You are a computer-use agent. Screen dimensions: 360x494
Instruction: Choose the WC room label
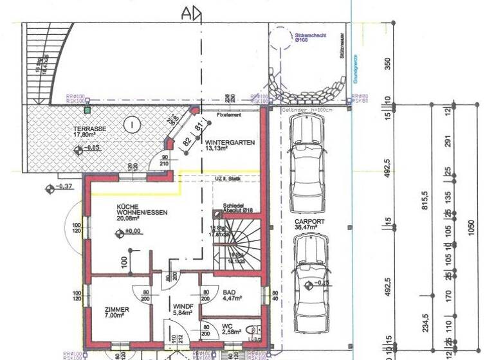coord(228,326)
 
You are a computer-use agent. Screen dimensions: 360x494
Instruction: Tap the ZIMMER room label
coord(116,310)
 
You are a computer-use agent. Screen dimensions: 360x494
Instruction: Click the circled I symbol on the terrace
coord(131,123)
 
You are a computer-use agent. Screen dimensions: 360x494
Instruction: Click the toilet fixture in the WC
coord(252,330)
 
